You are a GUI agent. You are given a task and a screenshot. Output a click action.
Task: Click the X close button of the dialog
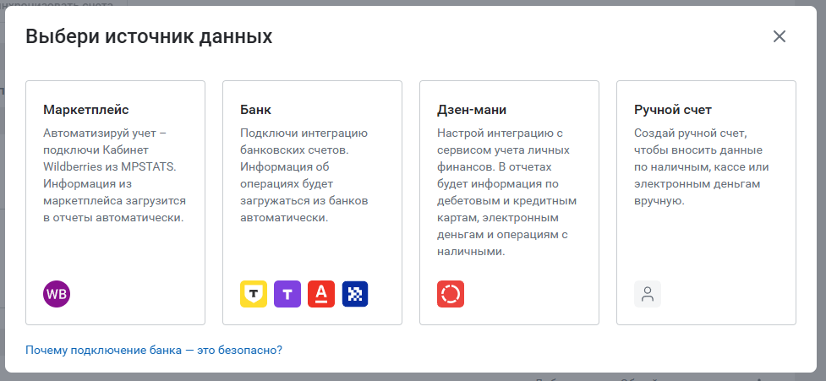tap(780, 36)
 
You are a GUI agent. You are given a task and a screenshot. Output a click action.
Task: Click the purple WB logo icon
tap(57, 294)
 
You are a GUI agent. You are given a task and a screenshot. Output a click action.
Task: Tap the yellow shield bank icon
tap(254, 294)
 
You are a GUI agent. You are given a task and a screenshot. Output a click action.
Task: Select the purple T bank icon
tap(287, 294)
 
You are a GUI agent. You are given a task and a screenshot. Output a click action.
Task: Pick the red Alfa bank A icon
tap(321, 294)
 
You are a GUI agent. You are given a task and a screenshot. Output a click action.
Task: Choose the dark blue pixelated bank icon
tap(355, 294)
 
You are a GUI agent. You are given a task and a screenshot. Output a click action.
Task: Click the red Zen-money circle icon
tap(451, 294)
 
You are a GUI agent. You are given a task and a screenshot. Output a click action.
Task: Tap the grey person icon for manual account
tap(648, 294)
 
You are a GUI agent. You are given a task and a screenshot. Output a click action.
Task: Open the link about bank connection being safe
tap(154, 350)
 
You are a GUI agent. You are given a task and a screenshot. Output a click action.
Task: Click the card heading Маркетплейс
tap(86, 110)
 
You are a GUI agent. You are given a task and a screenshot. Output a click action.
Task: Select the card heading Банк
tap(255, 110)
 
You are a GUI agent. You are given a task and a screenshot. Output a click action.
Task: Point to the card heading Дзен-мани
tap(472, 110)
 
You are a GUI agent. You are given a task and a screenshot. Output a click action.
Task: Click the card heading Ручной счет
tap(673, 110)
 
